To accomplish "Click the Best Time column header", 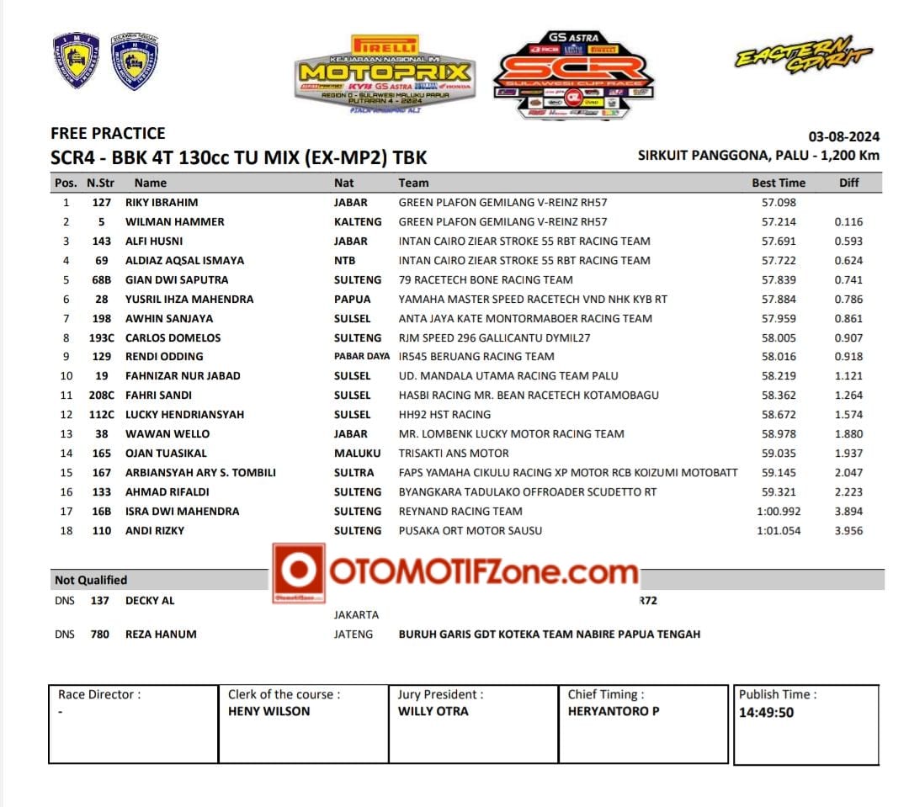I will click(778, 183).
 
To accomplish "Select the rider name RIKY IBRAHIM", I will click(162, 202).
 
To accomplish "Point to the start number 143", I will click(101, 241).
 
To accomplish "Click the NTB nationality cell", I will click(344, 260).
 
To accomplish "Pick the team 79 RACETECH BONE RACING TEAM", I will click(486, 279).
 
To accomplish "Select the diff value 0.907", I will click(848, 337).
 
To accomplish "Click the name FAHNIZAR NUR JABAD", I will click(183, 375).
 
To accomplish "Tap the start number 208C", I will click(101, 395).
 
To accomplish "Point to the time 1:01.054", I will click(779, 530).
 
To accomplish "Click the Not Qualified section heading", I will click(91, 580).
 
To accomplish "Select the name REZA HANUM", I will click(161, 634).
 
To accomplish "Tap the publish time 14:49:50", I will click(766, 713).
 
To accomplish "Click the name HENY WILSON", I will click(268, 711).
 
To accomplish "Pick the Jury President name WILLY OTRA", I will click(433, 711).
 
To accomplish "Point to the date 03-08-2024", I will click(843, 137).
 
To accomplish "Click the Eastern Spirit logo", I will click(805, 55).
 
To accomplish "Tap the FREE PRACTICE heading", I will click(108, 133).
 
